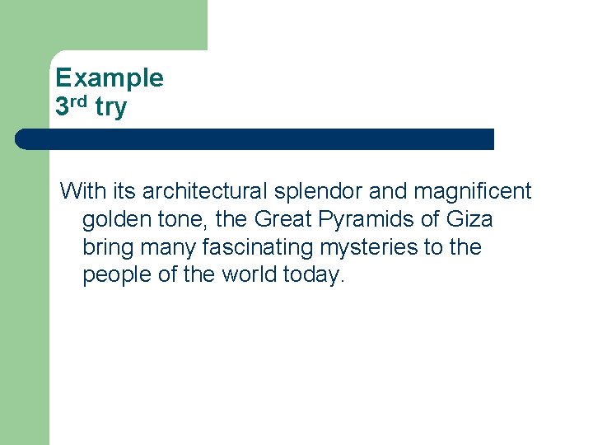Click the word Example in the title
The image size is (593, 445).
pyautogui.click(x=110, y=78)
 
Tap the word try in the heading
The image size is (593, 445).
pyautogui.click(x=110, y=106)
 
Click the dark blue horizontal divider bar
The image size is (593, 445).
pyautogui.click(x=254, y=139)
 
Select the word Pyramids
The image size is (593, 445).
pyautogui.click(x=371, y=220)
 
